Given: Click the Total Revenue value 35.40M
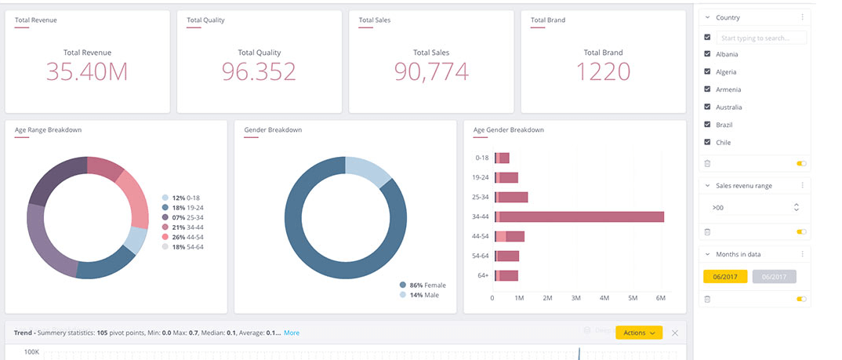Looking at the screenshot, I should (86, 72).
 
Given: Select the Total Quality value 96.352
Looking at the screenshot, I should (259, 72).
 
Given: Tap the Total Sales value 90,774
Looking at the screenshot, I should (431, 72).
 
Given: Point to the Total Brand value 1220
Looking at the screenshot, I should (603, 72).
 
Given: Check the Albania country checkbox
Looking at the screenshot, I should (708, 54).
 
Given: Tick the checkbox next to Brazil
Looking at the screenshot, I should (708, 125).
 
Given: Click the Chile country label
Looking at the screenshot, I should (723, 143).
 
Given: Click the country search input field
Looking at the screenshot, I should (762, 38).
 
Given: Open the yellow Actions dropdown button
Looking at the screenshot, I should (639, 333).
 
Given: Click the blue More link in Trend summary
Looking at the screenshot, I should (292, 333).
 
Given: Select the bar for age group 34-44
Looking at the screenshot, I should (579, 216).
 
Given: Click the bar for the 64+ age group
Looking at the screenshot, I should (506, 275).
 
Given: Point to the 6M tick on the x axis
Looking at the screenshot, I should (660, 299).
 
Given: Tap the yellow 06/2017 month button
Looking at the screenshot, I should (725, 276).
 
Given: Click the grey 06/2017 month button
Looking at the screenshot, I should (774, 276).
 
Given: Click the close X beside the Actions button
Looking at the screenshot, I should (675, 333).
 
